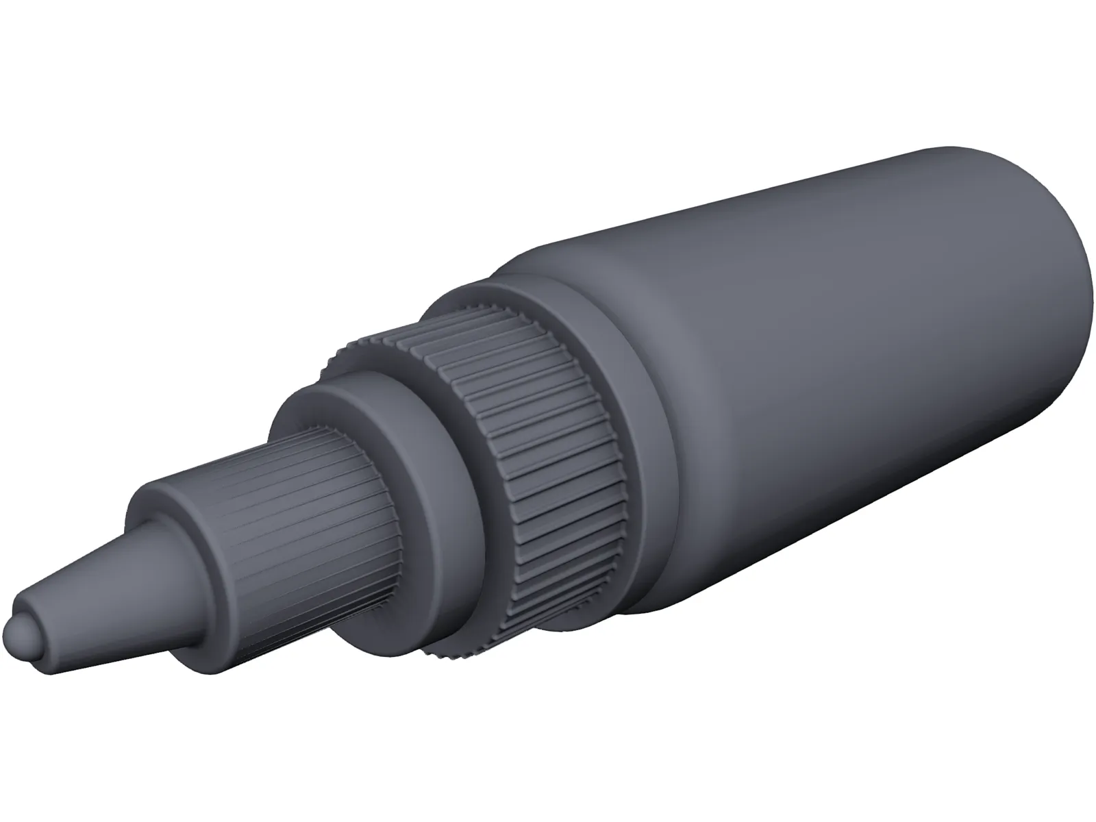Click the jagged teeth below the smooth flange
click(438, 651)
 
